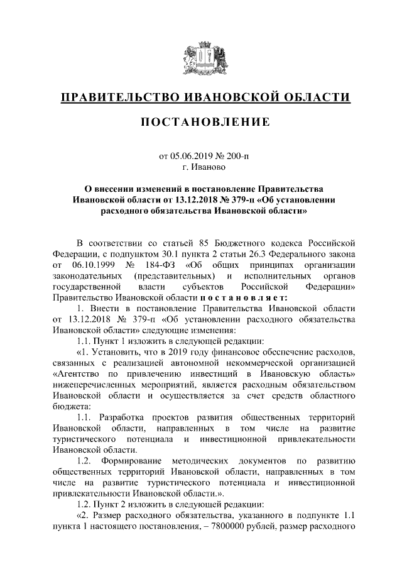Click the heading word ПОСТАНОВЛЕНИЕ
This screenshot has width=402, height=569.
pos(201,121)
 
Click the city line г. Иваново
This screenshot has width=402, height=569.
pos(201,167)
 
